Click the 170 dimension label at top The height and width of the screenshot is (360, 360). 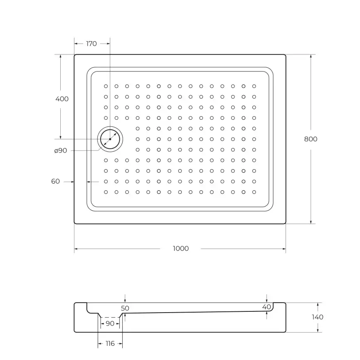tap(91, 44)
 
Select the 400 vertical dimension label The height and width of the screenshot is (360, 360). tap(62, 99)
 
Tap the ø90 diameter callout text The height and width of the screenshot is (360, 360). tap(61, 150)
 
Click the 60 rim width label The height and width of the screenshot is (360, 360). tap(56, 181)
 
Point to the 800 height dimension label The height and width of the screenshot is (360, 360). tap(311, 139)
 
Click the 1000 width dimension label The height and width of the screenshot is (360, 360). tap(180, 249)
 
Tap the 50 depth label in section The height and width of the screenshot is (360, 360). tap(125, 308)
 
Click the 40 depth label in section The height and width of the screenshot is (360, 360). tap(266, 306)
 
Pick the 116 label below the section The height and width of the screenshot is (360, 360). tap(110, 344)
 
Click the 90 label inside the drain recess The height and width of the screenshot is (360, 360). tap(110, 323)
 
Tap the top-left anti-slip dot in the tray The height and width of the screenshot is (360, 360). tap(106, 86)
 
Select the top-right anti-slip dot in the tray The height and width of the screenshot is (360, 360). tap(254, 86)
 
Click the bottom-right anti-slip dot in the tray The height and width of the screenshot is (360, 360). tap(254, 192)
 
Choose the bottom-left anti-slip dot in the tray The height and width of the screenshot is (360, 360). tap(106, 192)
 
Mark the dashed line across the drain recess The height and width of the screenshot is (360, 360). tap(110, 317)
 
